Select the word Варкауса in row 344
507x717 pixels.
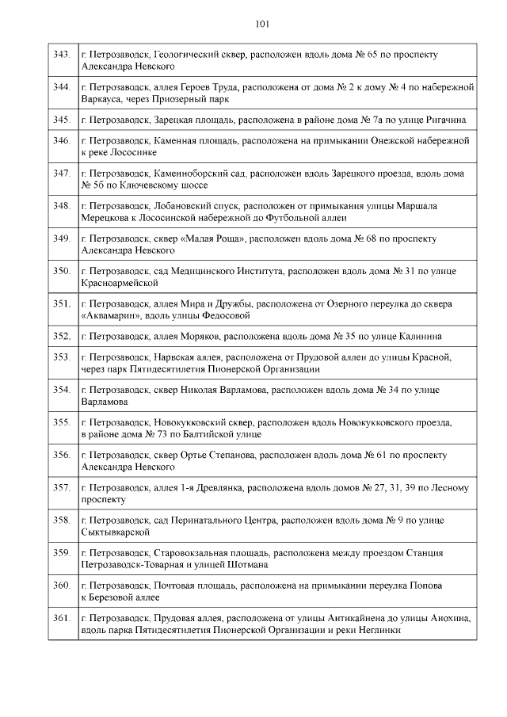coord(102,99)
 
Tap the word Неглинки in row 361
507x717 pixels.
coord(379,630)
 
